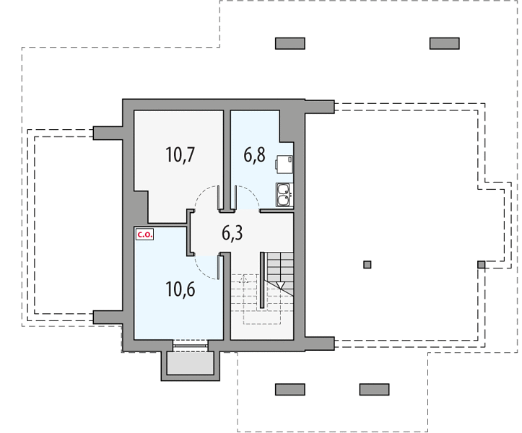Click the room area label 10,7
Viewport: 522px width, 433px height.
tap(180, 154)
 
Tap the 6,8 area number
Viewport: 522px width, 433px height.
tap(254, 154)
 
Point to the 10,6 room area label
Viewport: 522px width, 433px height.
tap(180, 289)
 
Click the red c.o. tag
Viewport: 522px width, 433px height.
tap(144, 235)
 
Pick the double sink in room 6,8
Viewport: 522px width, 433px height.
tap(284, 195)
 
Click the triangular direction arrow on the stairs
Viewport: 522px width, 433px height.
tap(281, 286)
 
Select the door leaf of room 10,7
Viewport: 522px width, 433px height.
tap(218, 198)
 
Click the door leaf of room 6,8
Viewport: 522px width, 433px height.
tap(235, 198)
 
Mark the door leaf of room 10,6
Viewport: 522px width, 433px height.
tap(219, 268)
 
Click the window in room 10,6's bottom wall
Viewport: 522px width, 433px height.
tap(191, 346)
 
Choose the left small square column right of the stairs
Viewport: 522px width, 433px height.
tap(367, 265)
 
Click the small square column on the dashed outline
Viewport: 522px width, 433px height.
tap(482, 265)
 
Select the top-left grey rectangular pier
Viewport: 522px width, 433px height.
tap(290, 43)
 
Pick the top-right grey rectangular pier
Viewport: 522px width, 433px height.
tap(445, 43)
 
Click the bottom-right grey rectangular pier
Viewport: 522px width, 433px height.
tap(374, 390)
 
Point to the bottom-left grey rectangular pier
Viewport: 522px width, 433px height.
tap(290, 390)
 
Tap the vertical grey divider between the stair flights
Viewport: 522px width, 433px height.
tap(262, 280)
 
